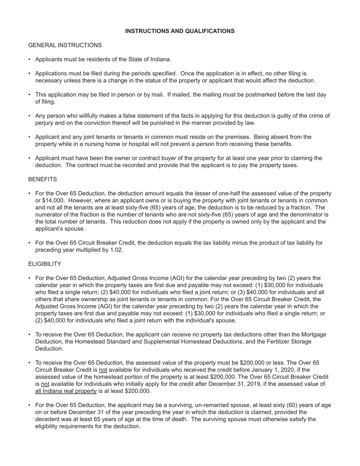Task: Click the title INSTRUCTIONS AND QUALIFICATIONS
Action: point(180,31)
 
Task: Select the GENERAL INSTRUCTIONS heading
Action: point(65,45)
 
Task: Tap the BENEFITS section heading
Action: point(42,179)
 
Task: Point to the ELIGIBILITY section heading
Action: point(45,264)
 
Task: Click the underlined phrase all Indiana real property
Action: point(66,391)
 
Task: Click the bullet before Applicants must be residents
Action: point(29,59)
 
